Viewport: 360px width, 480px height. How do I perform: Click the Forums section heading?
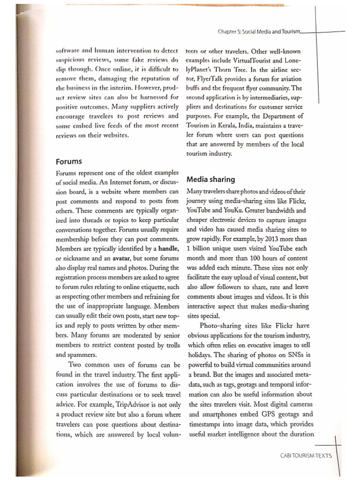click(68, 161)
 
